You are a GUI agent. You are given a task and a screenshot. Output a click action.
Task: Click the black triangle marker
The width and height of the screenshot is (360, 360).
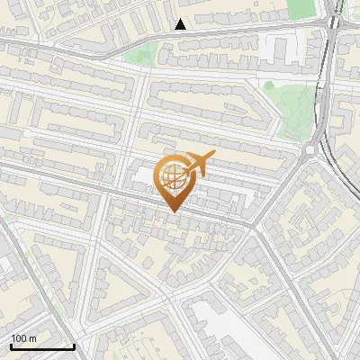point(181,24)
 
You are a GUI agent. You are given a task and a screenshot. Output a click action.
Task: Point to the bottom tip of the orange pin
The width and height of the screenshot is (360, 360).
point(173,212)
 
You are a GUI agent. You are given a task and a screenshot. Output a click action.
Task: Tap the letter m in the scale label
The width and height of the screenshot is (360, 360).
point(33,338)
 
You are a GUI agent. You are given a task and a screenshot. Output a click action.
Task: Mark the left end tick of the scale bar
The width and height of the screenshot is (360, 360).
point(11,346)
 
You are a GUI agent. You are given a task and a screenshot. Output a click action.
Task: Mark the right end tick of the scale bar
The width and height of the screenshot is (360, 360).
point(75,346)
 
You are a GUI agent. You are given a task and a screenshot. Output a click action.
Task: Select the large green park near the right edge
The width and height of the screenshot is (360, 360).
point(295,112)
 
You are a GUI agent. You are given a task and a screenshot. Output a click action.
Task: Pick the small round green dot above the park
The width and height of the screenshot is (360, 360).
point(268,85)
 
